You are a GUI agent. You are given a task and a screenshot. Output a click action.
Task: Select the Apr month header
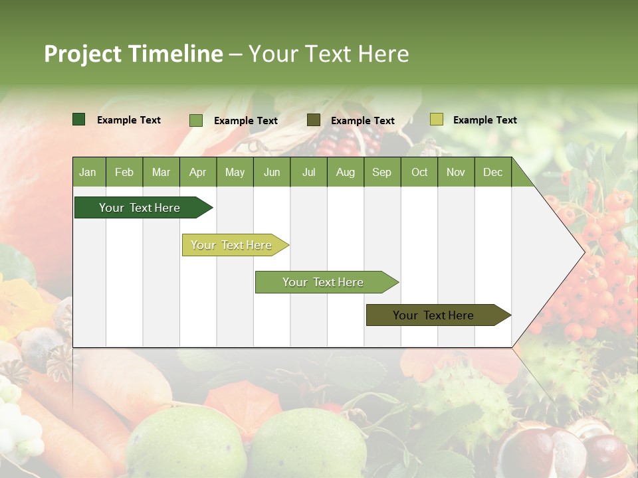click(198, 172)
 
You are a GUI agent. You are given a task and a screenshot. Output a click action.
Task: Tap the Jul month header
click(308, 172)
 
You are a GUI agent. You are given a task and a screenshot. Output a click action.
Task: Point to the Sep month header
click(381, 172)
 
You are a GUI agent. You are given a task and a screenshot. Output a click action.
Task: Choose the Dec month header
click(492, 172)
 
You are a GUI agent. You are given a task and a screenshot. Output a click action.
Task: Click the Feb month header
click(124, 172)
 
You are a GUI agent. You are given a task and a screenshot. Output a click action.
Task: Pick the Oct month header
click(419, 172)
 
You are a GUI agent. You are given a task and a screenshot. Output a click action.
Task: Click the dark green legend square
click(79, 119)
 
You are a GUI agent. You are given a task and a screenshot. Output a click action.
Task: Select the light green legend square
click(196, 120)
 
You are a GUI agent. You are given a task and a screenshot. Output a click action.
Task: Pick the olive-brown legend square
click(314, 120)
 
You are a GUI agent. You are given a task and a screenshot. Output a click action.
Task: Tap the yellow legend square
click(437, 119)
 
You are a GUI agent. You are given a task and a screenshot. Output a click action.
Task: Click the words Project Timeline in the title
click(134, 54)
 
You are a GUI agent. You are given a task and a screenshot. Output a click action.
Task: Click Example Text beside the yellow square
click(484, 120)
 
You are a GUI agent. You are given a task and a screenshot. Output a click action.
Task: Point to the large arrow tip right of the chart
click(565, 252)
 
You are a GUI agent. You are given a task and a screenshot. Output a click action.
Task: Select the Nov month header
click(456, 172)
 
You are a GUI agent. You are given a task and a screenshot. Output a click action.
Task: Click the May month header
click(235, 172)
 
